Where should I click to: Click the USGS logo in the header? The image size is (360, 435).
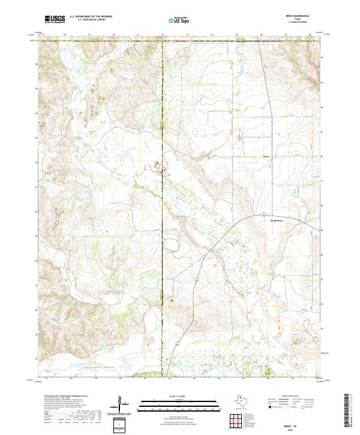[x=55, y=20]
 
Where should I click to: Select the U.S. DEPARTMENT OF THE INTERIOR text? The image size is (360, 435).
[x=91, y=17]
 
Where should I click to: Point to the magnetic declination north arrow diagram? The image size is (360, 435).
[x=119, y=404]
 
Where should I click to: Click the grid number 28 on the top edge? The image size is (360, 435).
[x=310, y=35]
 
